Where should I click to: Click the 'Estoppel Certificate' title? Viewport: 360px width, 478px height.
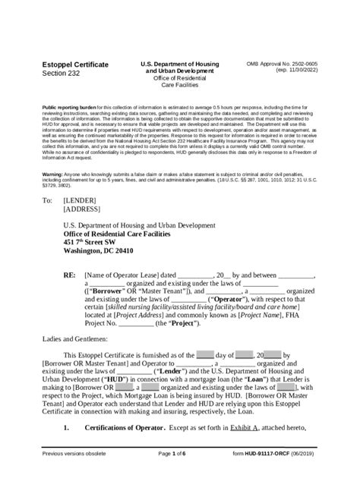[x=74, y=65]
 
